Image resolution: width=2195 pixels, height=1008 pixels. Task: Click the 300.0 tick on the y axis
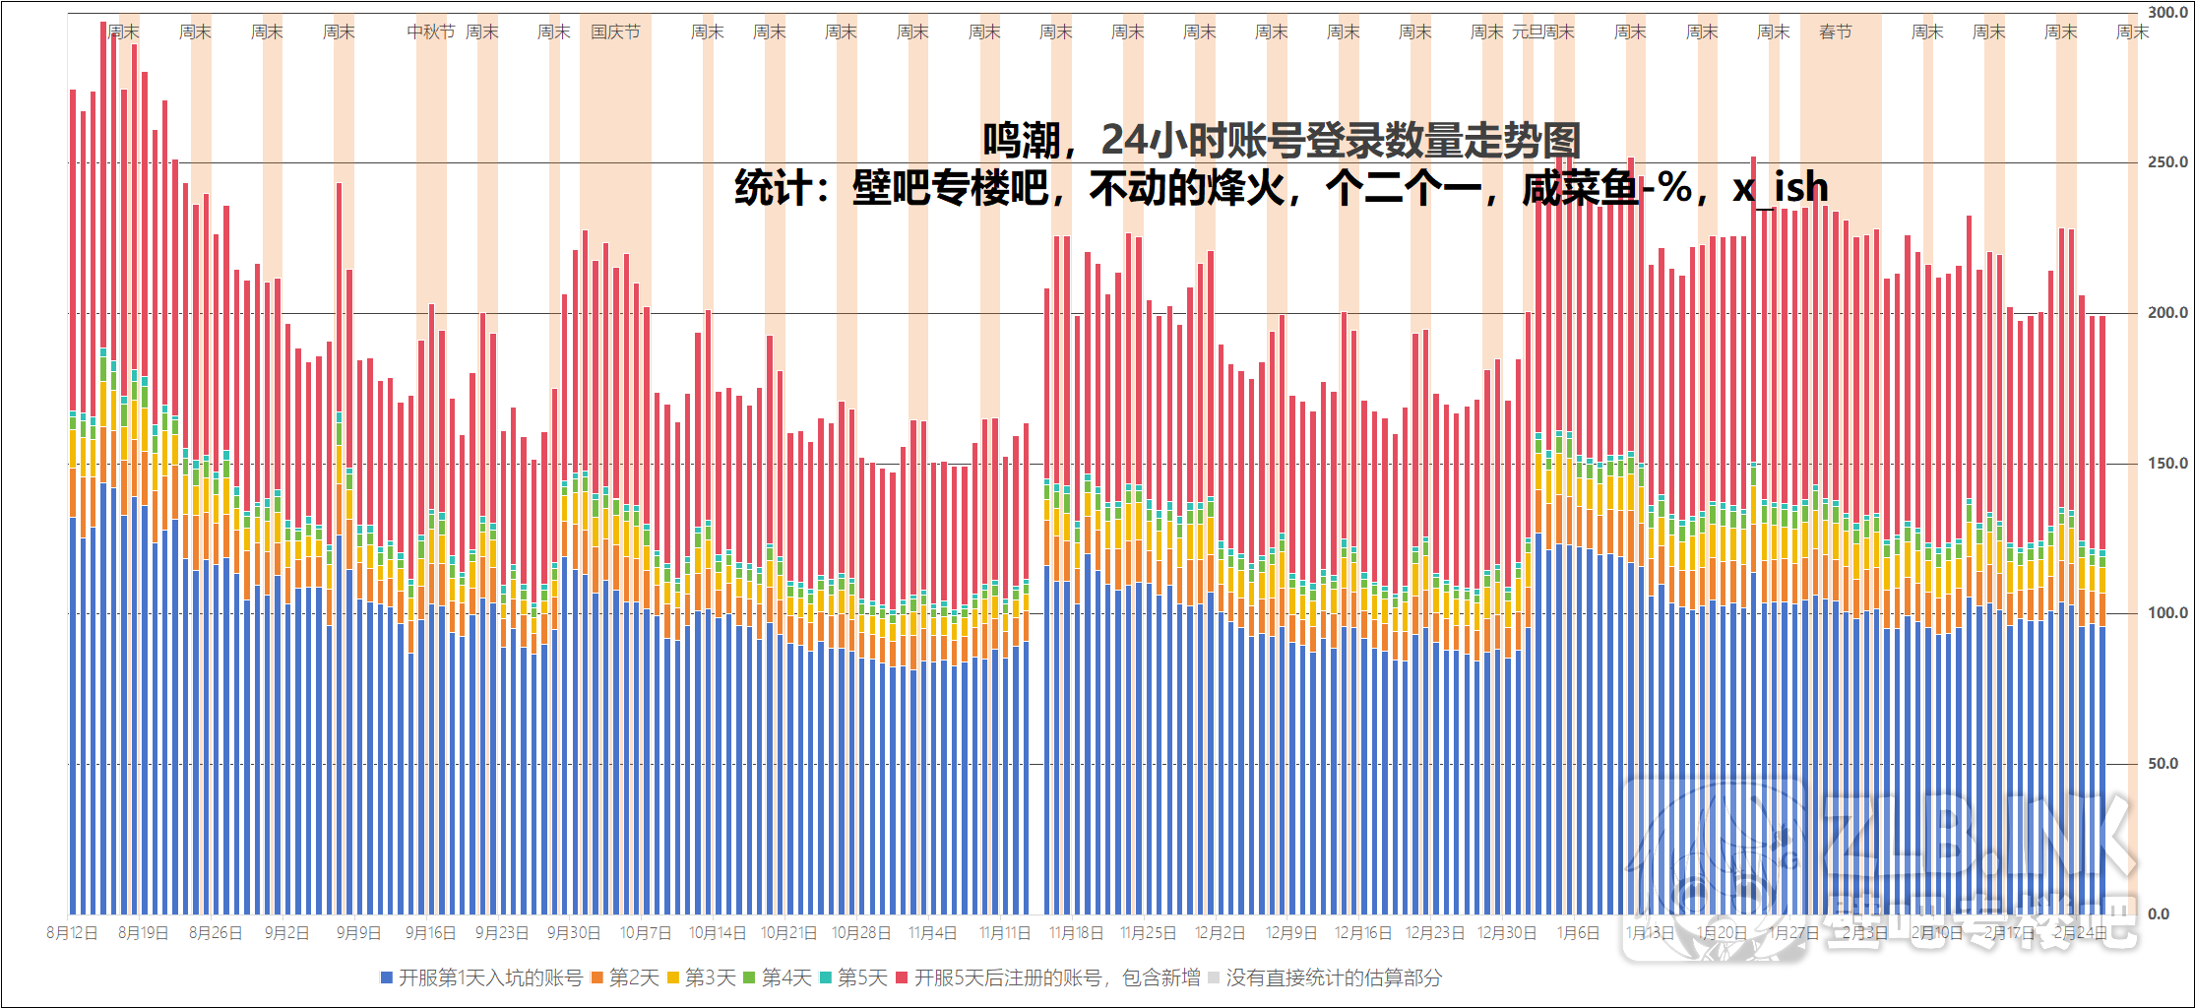coord(2166,13)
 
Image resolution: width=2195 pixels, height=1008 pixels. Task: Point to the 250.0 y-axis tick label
coord(2166,162)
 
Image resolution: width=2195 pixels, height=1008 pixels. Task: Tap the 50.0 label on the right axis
coord(2162,764)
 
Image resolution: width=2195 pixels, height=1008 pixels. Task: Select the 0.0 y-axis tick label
coord(2158,914)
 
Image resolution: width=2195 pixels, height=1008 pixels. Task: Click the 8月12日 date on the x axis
coord(72,933)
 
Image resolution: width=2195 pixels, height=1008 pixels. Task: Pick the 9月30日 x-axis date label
coord(573,933)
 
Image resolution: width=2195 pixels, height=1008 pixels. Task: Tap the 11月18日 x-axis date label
coord(1075,933)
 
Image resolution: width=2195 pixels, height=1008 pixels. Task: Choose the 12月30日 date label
coord(1506,933)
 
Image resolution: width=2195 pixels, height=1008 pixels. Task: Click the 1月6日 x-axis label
coord(1577,933)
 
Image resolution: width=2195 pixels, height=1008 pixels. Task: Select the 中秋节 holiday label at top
coord(430,32)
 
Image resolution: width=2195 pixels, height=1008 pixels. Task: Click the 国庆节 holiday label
coord(615,32)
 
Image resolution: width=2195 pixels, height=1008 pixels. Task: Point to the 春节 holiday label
coord(1835,32)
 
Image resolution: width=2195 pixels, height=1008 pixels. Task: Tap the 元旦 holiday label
coord(1527,32)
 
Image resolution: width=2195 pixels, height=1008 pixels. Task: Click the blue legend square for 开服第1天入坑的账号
coord(387,977)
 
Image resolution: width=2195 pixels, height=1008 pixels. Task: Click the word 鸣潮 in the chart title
coord(1021,141)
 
